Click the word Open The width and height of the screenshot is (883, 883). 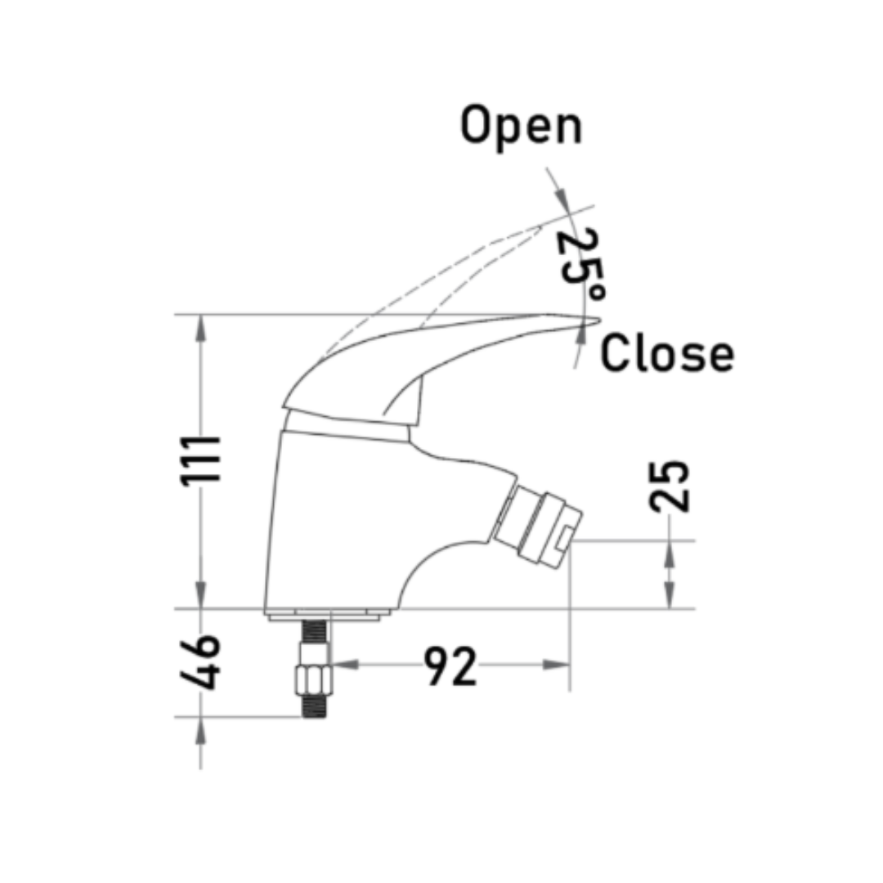522,128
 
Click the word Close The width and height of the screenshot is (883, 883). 667,353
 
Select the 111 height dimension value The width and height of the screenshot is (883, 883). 200,459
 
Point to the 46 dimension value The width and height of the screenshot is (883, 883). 200,662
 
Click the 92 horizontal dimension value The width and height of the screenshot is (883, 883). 450,666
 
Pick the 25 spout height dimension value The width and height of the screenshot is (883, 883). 669,486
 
